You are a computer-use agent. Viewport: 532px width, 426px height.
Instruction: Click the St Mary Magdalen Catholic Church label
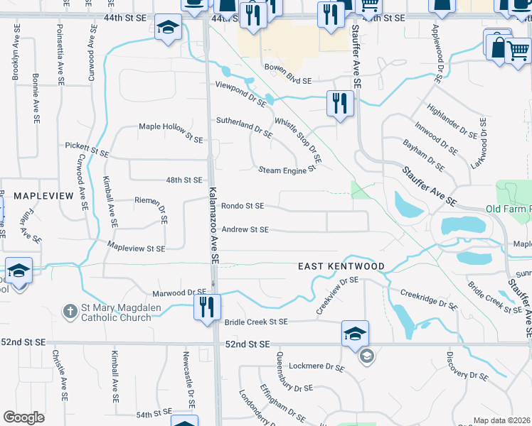point(116,313)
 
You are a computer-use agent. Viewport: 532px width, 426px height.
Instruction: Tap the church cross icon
point(70,311)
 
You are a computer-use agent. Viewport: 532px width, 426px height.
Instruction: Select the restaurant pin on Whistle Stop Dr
point(340,104)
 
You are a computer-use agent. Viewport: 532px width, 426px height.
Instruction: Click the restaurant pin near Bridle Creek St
point(208,307)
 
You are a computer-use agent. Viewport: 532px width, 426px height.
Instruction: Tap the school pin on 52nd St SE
point(355,334)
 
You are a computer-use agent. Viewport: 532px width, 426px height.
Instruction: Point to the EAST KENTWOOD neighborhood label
point(341,266)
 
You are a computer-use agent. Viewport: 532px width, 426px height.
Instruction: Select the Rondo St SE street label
point(243,206)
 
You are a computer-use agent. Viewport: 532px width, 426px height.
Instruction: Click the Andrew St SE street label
point(245,229)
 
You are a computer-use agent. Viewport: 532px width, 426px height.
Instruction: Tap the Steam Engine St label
point(286,170)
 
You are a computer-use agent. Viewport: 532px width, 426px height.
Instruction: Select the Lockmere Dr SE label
point(317,367)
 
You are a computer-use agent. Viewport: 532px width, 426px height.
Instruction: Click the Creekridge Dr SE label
point(428,300)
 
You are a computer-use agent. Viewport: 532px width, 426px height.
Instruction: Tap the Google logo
point(23,417)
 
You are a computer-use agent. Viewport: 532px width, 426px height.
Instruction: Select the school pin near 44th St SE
point(168,29)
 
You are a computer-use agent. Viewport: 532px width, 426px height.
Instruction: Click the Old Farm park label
point(508,209)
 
